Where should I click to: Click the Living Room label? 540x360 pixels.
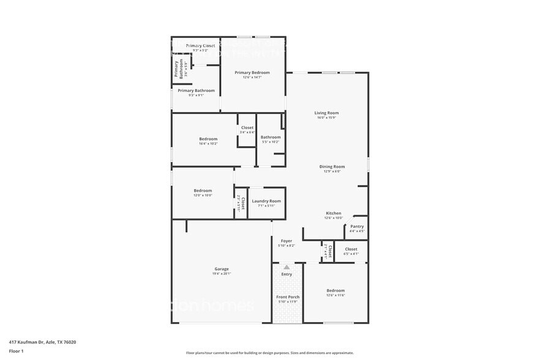point(326,113)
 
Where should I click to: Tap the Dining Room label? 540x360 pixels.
point(332,167)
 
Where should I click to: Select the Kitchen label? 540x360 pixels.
point(333,214)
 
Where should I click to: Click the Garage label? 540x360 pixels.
point(221,269)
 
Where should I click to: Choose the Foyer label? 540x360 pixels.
point(287,242)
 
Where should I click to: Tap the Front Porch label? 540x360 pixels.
point(287,298)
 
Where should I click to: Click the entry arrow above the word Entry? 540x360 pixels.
point(287,267)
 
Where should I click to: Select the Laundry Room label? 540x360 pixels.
point(266,201)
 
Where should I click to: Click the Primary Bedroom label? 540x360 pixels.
point(252,73)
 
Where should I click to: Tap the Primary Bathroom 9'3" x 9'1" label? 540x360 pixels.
point(196,91)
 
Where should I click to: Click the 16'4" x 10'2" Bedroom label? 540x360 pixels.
point(208,140)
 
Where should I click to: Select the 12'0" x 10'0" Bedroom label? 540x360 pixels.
point(203,191)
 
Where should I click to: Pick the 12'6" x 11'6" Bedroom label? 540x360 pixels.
point(336,291)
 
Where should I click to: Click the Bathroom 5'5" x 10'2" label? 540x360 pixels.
point(270,138)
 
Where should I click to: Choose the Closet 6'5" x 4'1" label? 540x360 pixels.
point(351,250)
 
